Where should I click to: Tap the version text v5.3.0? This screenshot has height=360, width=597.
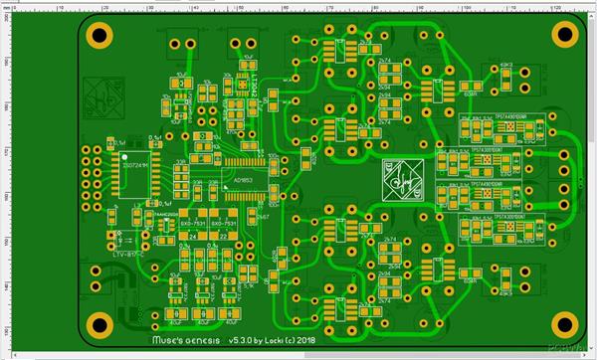coord(244,340)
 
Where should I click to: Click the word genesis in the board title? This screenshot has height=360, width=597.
coord(196,340)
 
